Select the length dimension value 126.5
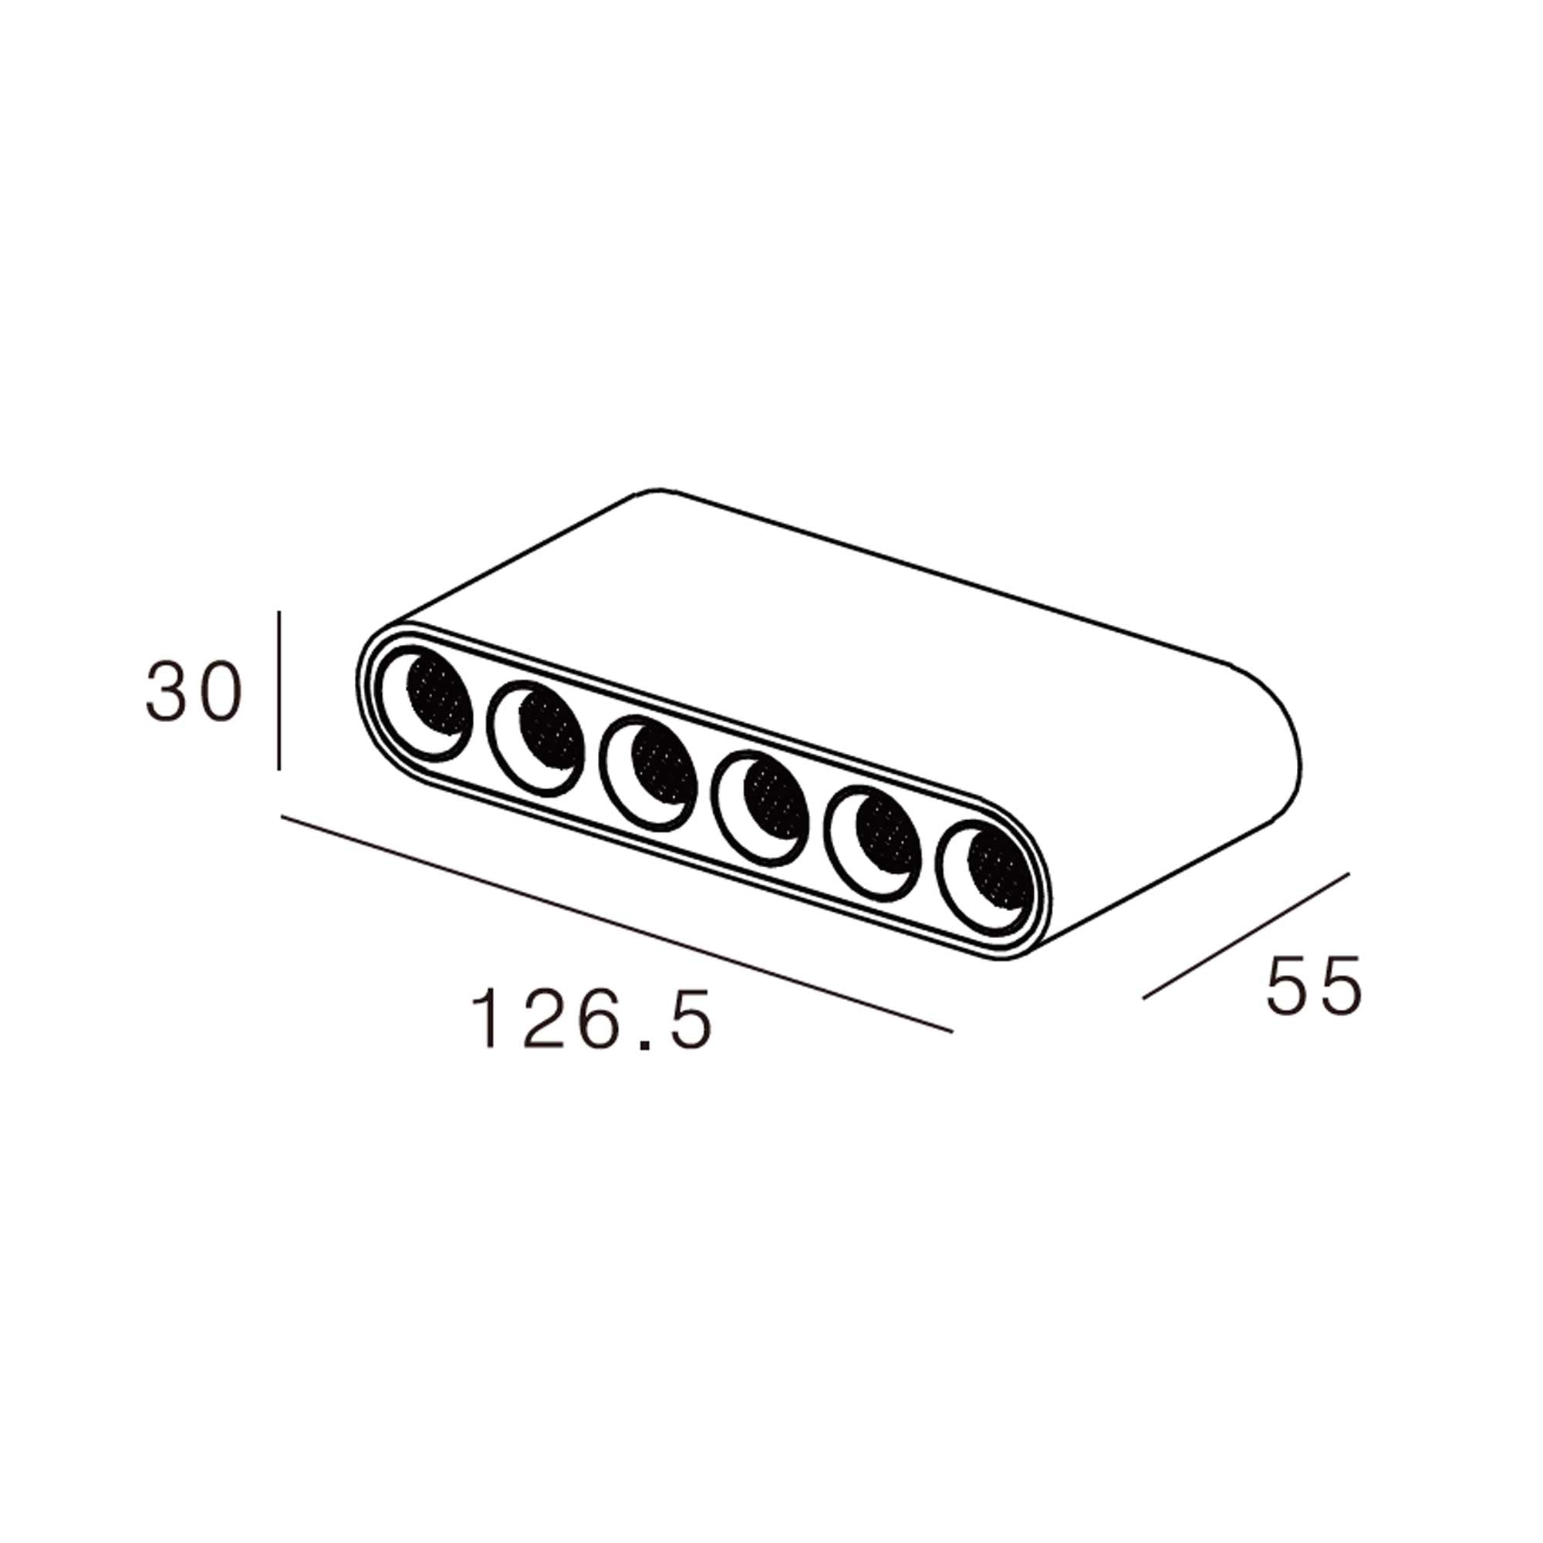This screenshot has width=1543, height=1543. (591, 1020)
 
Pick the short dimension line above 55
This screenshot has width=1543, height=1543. (1246, 935)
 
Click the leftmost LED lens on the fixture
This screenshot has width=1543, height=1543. (427, 704)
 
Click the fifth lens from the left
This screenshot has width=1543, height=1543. (876, 842)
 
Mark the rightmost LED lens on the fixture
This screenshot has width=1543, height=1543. (988, 876)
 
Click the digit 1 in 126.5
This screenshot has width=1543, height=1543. (485, 1020)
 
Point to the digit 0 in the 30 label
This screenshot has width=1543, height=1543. (219, 691)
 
